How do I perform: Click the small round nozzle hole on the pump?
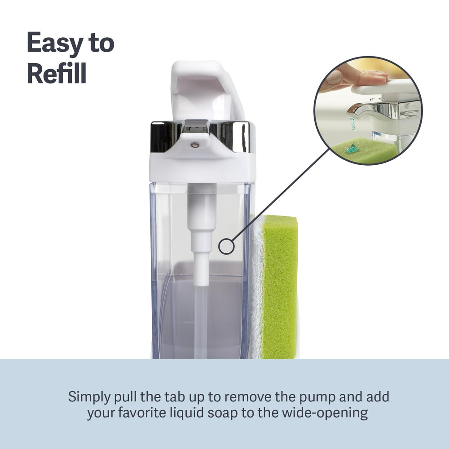pos(195,145)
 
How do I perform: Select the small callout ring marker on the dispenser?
pos(226,247)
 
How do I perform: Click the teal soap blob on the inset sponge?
pos(352,148)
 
